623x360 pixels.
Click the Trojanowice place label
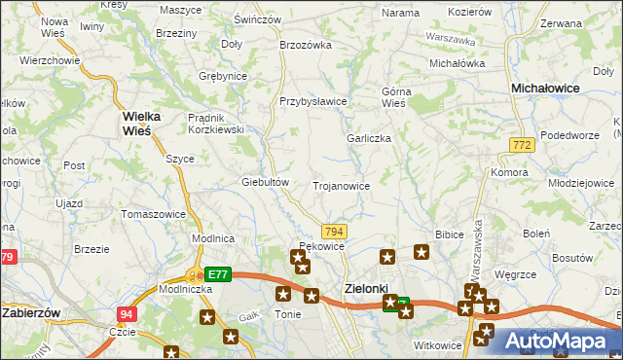(x=341, y=185)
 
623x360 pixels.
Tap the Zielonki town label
(x=366, y=288)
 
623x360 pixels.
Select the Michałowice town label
(x=546, y=88)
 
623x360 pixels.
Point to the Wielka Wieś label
(x=142, y=122)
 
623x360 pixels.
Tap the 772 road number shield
(x=522, y=145)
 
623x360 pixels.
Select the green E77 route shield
(x=219, y=275)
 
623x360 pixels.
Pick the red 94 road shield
(x=127, y=314)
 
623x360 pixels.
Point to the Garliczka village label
(x=369, y=138)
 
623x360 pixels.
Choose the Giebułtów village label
(x=266, y=182)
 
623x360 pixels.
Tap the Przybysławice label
(x=312, y=101)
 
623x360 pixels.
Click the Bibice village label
(x=449, y=235)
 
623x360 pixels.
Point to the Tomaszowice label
(x=152, y=213)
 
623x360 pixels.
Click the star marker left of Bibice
(x=421, y=253)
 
